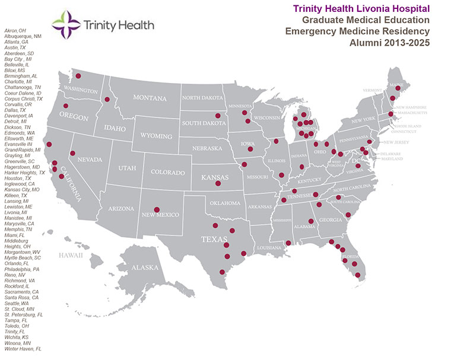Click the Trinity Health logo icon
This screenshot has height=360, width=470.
pos(66,25)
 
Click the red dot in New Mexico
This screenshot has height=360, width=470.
pos(157,209)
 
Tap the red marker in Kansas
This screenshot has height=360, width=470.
pos(217,184)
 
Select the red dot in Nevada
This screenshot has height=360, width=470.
pos(72,153)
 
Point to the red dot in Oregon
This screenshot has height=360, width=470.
pos(65,106)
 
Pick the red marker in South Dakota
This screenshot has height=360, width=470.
pos(218,116)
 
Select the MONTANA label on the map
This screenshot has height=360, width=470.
pos(150,98)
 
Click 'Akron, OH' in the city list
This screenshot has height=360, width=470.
pos(15,30)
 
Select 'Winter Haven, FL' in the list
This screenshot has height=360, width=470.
pos(23,349)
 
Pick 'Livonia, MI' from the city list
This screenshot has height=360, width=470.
pos(16,212)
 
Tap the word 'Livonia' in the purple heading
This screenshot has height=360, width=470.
pos(386,8)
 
